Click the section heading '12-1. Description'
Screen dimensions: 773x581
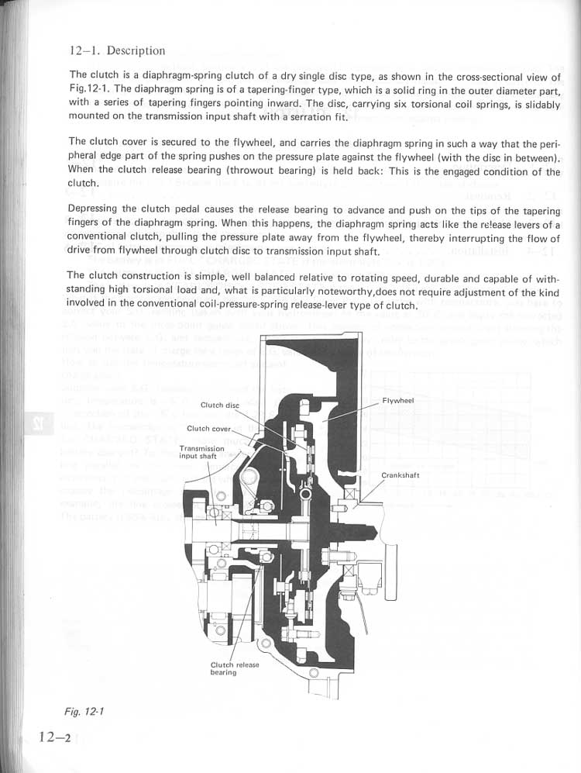point(116,51)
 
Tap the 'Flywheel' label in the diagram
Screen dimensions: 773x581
point(399,401)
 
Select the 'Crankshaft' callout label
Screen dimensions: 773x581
point(401,474)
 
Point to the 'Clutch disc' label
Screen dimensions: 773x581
point(220,405)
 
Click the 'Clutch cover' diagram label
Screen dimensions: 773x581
point(209,429)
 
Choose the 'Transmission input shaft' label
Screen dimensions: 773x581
point(202,452)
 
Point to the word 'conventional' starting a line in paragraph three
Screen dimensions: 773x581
point(101,236)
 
